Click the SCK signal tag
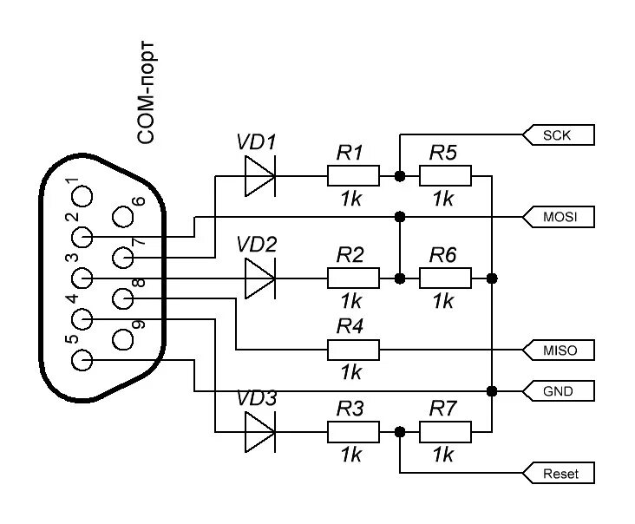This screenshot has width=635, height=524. (x=560, y=134)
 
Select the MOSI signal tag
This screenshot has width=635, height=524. (x=560, y=216)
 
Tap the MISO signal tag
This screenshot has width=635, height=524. (x=560, y=350)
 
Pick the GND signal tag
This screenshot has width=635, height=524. (x=560, y=390)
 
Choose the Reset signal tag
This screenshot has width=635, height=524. (x=560, y=474)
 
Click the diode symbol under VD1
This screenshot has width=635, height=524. (x=259, y=176)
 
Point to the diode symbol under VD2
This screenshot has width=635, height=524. (x=259, y=278)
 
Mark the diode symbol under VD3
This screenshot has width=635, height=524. (x=259, y=431)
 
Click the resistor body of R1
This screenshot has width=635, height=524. (x=353, y=176)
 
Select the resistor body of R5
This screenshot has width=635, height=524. (x=445, y=176)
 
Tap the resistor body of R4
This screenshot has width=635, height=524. (x=353, y=350)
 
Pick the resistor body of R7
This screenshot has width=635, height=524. (x=445, y=431)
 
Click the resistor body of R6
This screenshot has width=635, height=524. (x=445, y=278)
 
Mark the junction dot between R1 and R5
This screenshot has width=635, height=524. (x=400, y=176)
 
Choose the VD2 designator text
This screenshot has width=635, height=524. (x=257, y=246)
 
